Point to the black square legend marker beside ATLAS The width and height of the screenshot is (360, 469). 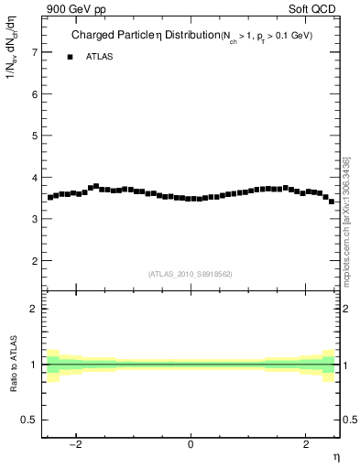70,57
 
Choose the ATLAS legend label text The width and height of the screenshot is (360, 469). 99,57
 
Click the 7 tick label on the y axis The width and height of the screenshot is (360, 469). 35,52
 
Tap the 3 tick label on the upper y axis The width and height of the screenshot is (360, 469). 35,219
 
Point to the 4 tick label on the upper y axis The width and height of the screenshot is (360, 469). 35,178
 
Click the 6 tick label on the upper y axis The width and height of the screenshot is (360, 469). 35,94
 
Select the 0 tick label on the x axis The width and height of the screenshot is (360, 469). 191,444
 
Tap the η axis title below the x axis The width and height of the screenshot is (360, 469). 335,456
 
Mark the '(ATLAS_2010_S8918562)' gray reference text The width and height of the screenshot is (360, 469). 191,274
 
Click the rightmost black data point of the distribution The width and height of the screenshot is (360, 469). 332,202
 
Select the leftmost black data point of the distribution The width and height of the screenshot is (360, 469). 50,197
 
